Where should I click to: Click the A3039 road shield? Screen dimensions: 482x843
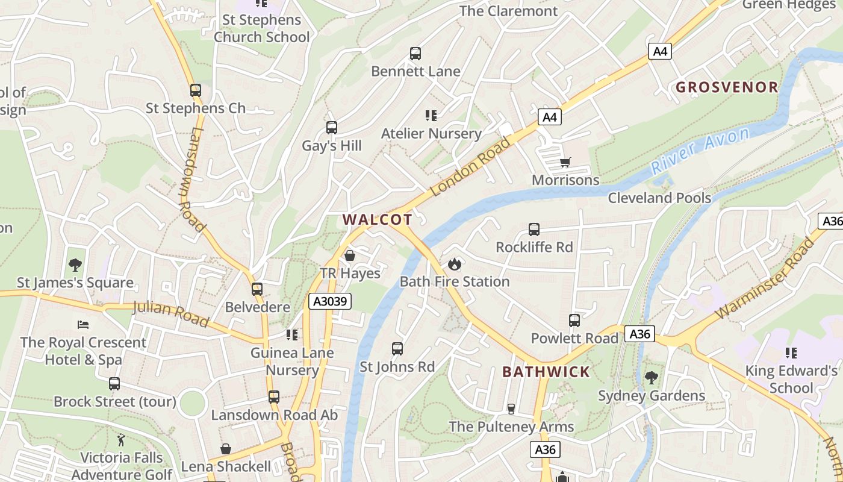[x=330, y=301]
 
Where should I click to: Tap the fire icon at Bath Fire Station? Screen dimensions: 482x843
[x=454, y=264]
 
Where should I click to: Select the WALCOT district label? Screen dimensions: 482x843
[x=378, y=220]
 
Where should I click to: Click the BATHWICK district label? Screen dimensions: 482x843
[x=546, y=372]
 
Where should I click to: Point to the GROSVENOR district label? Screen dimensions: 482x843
[x=727, y=87]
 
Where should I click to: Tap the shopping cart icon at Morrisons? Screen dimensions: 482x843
[x=565, y=162]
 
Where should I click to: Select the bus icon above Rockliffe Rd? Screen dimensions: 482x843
[x=534, y=230]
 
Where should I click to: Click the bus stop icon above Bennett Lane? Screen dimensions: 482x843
[x=415, y=54]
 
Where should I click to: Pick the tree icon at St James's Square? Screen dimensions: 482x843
[x=75, y=264]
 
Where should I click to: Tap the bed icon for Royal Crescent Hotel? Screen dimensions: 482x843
[x=83, y=325]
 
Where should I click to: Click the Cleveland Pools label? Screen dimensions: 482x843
[x=659, y=198]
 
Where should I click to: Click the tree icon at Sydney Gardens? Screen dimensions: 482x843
[x=651, y=378]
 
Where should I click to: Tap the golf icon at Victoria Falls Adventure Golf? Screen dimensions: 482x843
[x=121, y=440]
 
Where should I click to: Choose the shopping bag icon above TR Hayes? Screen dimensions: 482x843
[x=349, y=255]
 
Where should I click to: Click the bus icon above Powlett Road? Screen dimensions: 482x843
[x=574, y=321]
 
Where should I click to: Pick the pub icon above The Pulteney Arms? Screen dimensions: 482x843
[x=511, y=409]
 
